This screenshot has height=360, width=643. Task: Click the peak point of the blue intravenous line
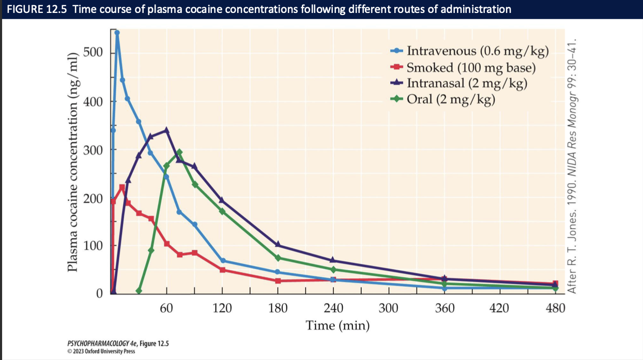(x=117, y=33)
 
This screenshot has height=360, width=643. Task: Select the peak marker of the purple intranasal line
(x=166, y=130)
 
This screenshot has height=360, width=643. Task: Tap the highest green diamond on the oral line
(x=179, y=153)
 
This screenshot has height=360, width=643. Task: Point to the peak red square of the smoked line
(x=122, y=187)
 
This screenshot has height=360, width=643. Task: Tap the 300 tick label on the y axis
(x=94, y=150)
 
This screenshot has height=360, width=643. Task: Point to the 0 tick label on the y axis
(x=100, y=293)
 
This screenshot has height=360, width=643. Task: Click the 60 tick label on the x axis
(x=166, y=309)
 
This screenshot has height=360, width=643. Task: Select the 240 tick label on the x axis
(x=333, y=309)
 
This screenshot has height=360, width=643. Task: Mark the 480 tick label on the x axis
(x=556, y=309)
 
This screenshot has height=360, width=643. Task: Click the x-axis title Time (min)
(x=338, y=326)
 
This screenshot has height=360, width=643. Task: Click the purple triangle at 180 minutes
(x=278, y=245)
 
